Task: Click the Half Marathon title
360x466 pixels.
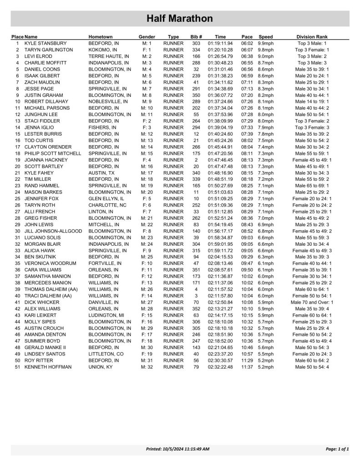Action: (180, 19)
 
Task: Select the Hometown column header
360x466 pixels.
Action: (101, 36)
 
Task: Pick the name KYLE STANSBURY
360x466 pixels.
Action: (45, 43)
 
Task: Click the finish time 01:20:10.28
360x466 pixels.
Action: (220, 50)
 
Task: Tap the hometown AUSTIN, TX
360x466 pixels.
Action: (101, 173)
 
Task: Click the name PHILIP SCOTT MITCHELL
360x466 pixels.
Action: (53, 154)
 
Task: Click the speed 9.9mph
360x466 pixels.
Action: (265, 43)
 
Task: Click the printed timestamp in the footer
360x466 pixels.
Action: (177, 449)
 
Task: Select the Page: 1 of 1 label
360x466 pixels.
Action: (337, 449)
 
